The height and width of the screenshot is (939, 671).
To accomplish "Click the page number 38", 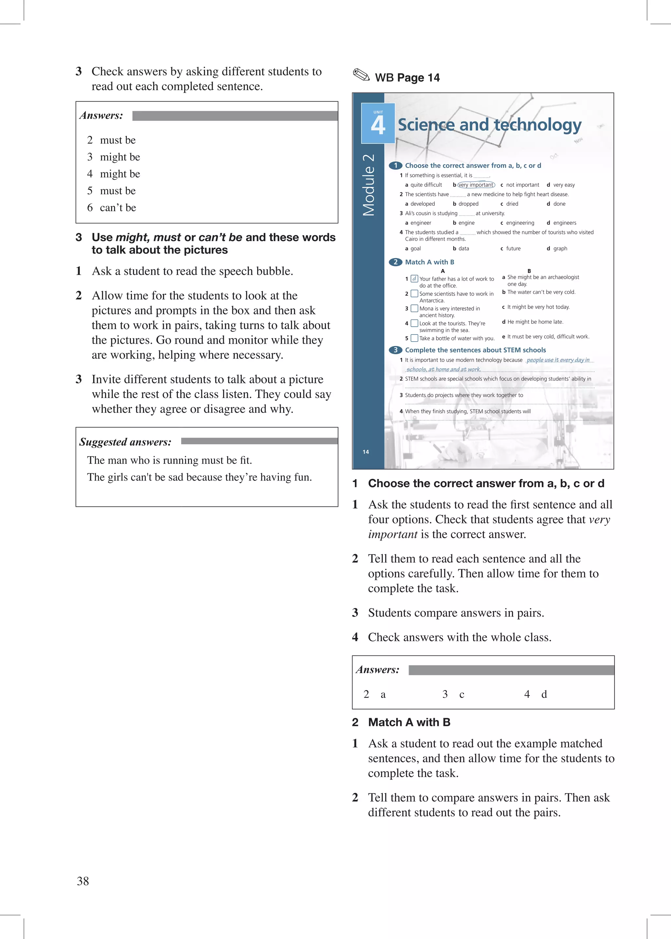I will coord(83,881).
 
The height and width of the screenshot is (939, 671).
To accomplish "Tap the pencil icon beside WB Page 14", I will coord(361,76).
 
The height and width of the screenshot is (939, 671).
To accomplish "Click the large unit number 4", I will coord(378,125).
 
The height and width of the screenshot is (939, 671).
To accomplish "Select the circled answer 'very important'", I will coord(476,185).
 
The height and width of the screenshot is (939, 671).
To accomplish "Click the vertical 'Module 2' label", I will coord(368,185).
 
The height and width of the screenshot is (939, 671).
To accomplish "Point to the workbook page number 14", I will coord(366,452).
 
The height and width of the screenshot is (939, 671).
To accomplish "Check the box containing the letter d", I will coord(414,279).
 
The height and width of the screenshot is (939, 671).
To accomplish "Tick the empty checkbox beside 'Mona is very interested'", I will coord(414,309).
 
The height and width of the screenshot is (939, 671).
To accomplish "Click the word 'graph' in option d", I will coord(560,249).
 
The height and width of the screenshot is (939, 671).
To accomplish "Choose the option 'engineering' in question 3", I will coord(520,223).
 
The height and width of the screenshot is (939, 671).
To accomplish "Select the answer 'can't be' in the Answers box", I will coord(118,208).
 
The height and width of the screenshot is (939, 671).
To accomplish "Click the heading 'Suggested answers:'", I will coord(125,442).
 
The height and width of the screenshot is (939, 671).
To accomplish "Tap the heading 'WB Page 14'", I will coord(407,78).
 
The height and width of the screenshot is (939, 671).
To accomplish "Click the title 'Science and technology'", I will coord(489,125).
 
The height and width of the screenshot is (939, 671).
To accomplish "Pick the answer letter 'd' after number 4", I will coord(544,695).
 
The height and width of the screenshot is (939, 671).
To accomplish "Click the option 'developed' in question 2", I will coord(422,204).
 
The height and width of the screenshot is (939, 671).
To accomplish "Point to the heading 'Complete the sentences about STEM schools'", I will coord(475,350).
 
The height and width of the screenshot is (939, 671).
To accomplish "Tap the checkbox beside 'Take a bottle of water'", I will coord(414,338).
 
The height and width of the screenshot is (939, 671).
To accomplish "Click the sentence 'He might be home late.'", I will coord(535,322).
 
